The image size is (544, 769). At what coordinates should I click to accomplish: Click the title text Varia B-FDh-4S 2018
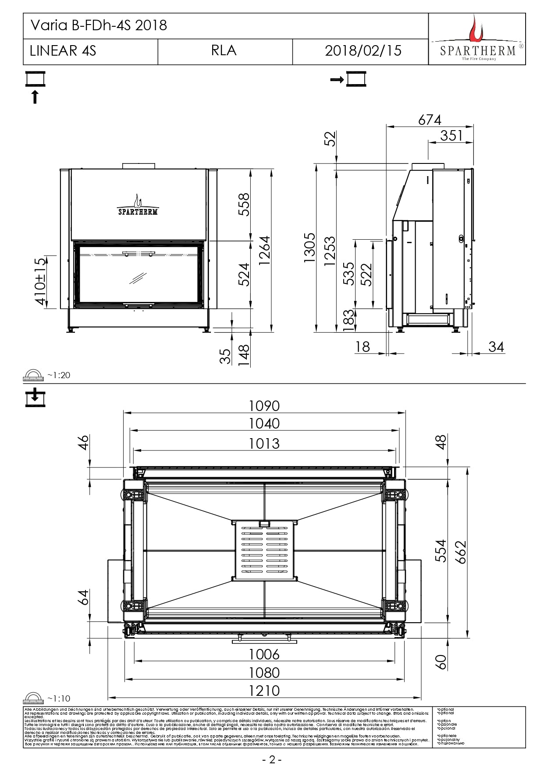click(99, 25)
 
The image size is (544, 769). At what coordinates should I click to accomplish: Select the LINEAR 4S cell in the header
click(63, 51)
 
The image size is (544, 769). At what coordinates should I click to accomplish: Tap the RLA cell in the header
click(224, 50)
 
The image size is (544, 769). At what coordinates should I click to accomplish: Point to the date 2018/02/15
click(363, 51)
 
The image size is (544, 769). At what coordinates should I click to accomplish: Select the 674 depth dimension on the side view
click(430, 120)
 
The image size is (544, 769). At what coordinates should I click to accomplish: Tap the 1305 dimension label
click(309, 248)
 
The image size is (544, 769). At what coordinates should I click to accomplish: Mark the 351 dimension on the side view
click(451, 135)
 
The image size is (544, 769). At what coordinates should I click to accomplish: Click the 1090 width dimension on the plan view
click(264, 406)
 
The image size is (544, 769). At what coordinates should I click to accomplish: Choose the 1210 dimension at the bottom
click(264, 691)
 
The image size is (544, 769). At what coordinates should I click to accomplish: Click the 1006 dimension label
click(264, 654)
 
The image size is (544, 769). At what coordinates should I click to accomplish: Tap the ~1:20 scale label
click(59, 375)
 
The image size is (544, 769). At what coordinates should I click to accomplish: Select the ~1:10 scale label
click(59, 698)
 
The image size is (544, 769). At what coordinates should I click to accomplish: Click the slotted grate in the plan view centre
click(264, 550)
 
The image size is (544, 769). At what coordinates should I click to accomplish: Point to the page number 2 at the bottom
click(272, 759)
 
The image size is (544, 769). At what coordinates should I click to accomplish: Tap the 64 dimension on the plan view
click(83, 597)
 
